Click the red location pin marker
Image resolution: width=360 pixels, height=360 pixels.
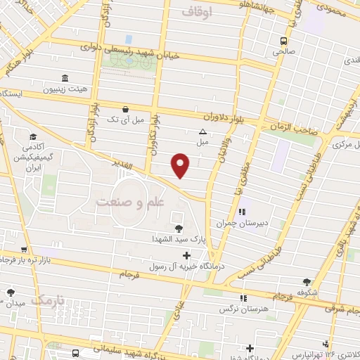(x=181, y=165)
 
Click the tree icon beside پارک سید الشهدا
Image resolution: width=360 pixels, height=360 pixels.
(x=179, y=228)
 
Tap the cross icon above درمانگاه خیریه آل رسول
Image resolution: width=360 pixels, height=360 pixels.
(x=186, y=255)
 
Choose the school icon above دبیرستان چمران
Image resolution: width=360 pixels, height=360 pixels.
(x=242, y=212)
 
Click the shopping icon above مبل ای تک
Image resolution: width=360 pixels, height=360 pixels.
(x=125, y=109)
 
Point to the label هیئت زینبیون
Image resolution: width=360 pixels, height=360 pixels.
(x=67, y=90)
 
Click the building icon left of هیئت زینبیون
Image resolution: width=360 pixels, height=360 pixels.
(x=65, y=77)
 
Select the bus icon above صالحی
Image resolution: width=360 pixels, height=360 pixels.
(x=283, y=40)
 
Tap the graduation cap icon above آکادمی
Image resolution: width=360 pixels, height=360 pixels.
(x=32, y=137)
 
